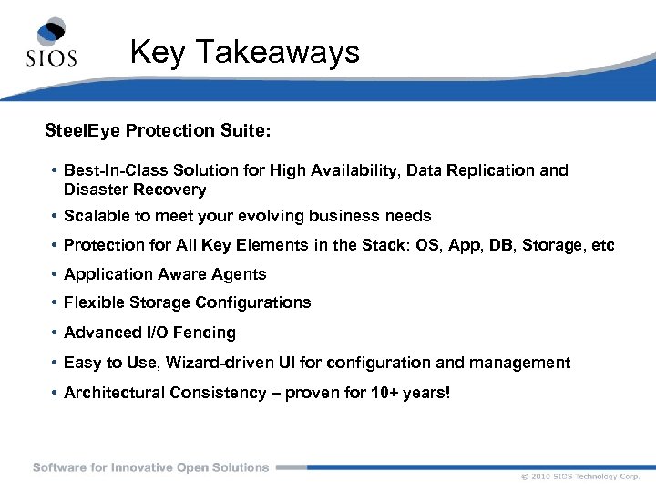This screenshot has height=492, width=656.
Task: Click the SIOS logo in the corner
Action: point(51,43)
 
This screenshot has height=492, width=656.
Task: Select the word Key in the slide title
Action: point(159,52)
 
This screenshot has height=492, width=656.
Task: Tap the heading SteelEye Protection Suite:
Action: point(158,131)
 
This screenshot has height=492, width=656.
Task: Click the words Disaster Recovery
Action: point(135,190)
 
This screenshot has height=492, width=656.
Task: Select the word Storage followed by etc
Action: point(565,245)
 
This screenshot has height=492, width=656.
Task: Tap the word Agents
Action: point(237,274)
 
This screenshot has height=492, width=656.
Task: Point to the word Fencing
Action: point(207,333)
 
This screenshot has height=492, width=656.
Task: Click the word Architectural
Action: point(114,393)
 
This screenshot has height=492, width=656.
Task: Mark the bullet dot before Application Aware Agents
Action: point(55,274)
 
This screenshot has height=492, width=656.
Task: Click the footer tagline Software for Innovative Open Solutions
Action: point(151,467)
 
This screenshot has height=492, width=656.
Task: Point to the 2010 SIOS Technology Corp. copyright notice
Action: point(580,477)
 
